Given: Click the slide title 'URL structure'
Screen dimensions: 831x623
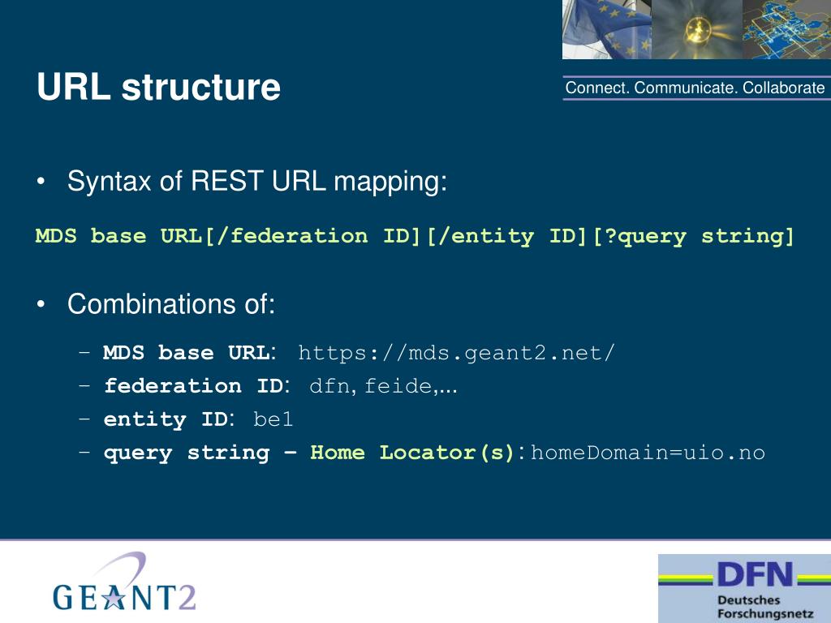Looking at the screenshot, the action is click(159, 88).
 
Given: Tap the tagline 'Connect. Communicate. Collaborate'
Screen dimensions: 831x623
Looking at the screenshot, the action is click(695, 88).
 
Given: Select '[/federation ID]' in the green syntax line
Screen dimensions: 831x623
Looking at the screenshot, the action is click(315, 237).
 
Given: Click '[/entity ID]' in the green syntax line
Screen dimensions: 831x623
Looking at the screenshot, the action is click(509, 237).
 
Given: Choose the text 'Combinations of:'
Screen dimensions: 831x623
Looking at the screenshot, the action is click(171, 305).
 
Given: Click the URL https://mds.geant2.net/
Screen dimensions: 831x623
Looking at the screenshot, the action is click(457, 354).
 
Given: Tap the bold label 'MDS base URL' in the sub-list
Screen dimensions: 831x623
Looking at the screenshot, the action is click(187, 354).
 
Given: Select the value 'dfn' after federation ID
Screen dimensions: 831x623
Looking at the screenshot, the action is click(330, 387).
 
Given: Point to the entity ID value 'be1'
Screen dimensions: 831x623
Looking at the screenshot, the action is click(273, 420).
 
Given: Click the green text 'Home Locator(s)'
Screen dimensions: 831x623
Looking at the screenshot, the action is click(413, 453).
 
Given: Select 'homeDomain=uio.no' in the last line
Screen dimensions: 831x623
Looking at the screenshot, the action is click(648, 453).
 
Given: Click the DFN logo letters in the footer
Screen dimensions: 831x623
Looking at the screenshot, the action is click(754, 575).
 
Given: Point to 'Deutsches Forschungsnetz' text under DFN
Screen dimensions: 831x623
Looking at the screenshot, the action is click(747, 607).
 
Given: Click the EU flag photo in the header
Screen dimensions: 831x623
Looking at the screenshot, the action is click(606, 29).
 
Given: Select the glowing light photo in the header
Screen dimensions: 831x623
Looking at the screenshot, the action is click(695, 29).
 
